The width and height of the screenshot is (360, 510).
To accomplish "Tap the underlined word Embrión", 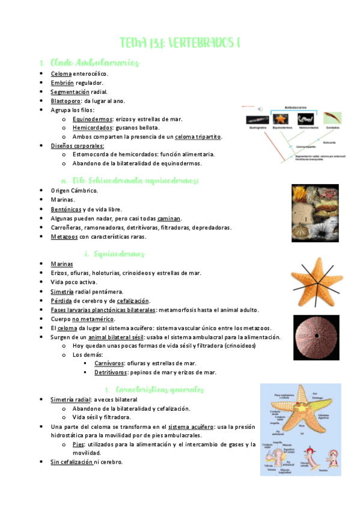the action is [x=62, y=82].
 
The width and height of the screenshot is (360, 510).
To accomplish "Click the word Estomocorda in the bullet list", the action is [x=91, y=154].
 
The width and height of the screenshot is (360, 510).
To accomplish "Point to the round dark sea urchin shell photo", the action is [x=318, y=337].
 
